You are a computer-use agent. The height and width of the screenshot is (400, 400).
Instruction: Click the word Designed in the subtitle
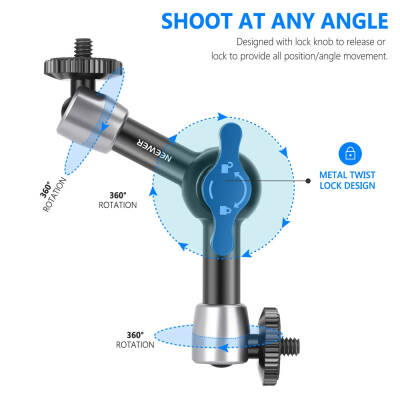point(257,42)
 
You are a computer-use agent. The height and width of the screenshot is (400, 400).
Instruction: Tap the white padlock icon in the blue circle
point(350,153)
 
